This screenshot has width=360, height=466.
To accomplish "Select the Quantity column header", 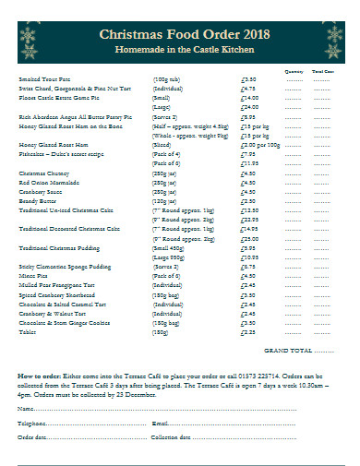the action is pyautogui.click(x=294, y=70).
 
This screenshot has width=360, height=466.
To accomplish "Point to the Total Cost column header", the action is pyautogui.click(x=322, y=70).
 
